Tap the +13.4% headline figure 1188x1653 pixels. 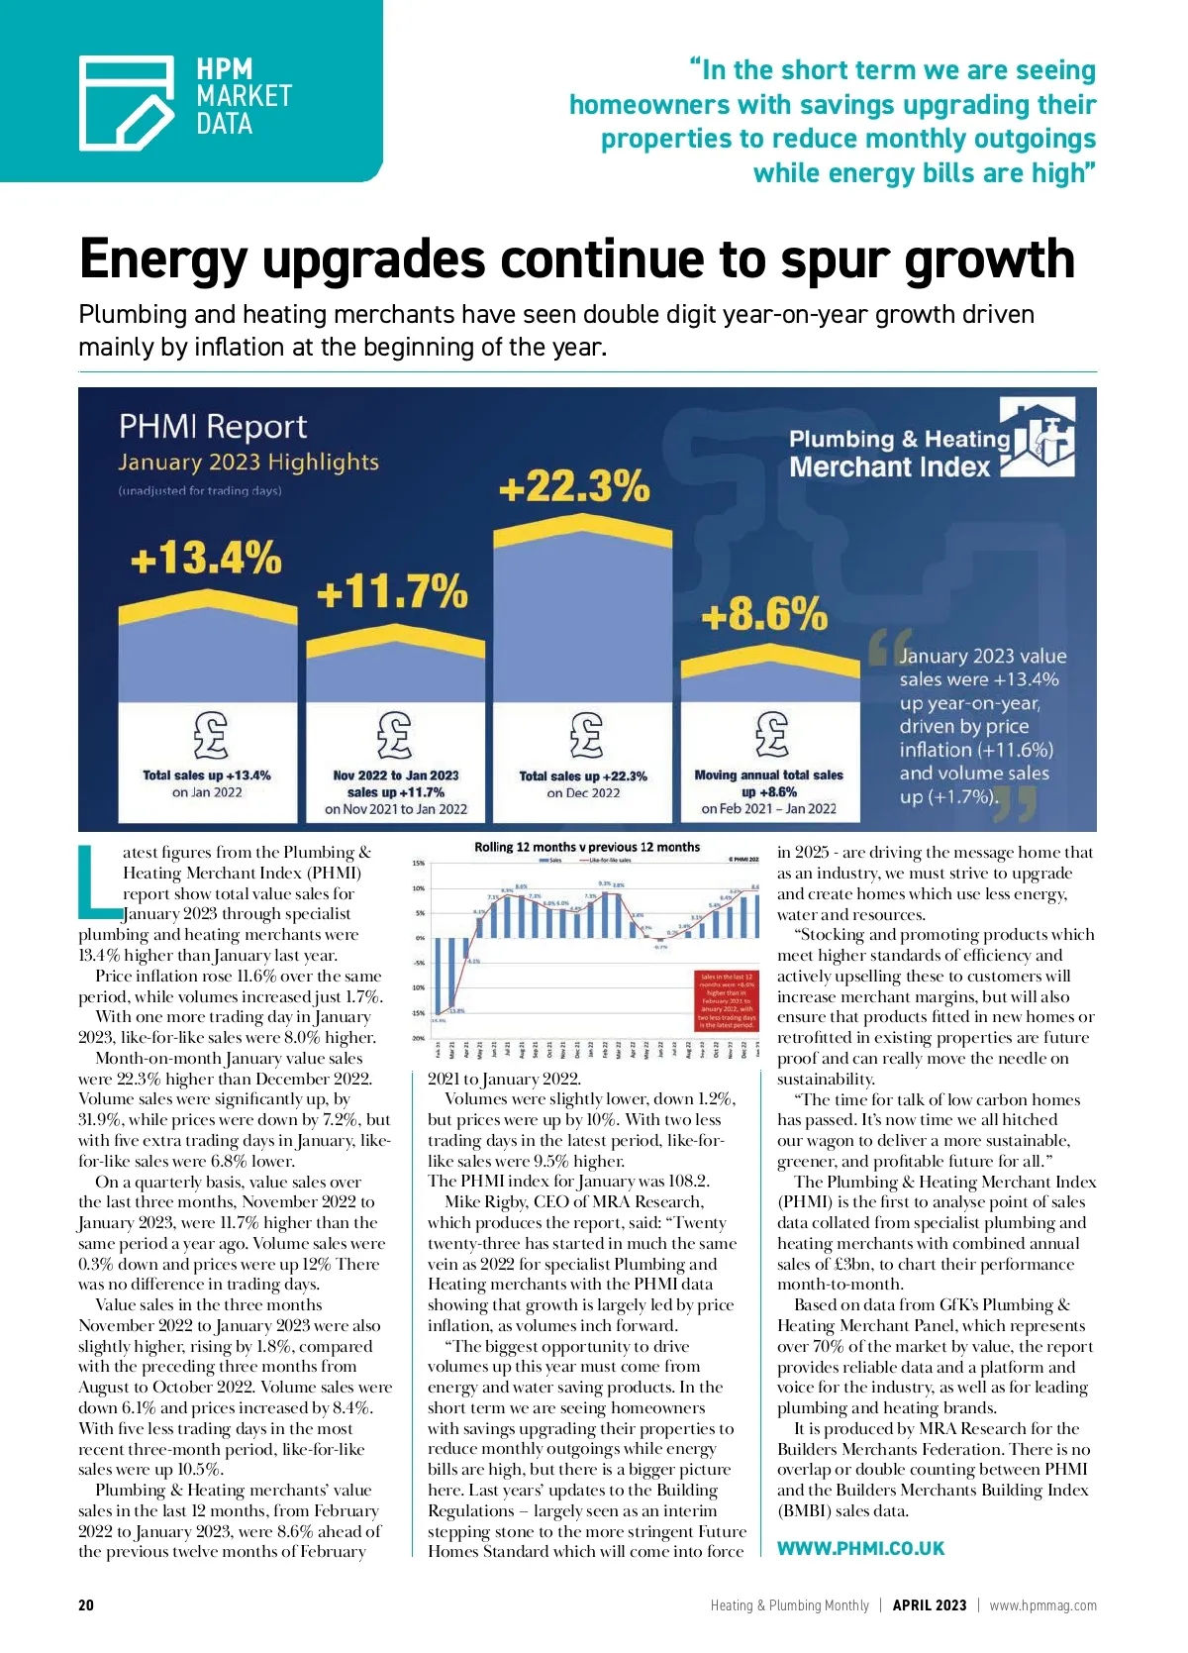[206, 558]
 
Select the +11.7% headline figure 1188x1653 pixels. [392, 592]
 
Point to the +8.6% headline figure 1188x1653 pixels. [763, 615]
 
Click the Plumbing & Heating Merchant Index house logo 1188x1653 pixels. [1038, 437]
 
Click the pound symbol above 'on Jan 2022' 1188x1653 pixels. [209, 735]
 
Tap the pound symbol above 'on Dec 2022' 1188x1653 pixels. [585, 735]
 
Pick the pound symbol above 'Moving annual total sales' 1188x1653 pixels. [771, 735]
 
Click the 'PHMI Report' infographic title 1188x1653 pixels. [213, 427]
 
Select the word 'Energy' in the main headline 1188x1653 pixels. [162, 260]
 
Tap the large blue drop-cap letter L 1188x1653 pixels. [97, 879]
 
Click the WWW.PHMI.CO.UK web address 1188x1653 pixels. [860, 1548]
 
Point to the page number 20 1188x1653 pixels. [86, 1605]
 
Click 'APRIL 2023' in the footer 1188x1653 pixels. [929, 1605]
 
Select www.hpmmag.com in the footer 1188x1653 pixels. [1042, 1605]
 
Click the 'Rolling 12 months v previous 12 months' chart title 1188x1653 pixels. [586, 847]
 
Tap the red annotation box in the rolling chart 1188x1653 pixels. [727, 1000]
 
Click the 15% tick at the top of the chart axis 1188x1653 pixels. [419, 864]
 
